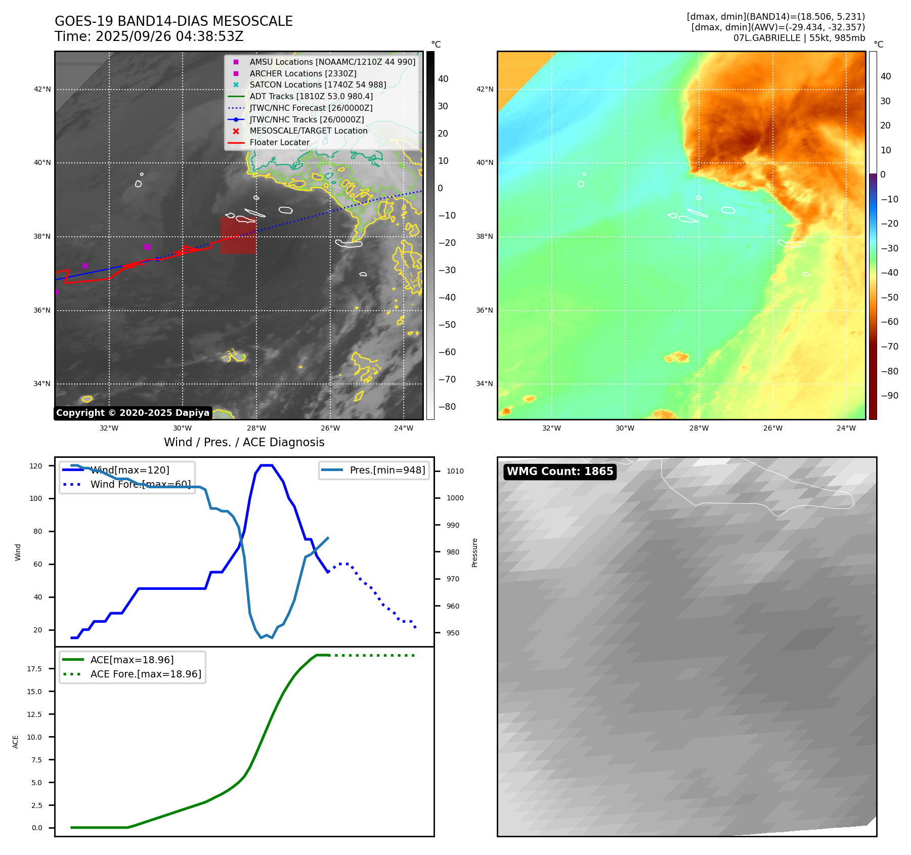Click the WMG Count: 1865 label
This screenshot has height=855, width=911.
pos(560,472)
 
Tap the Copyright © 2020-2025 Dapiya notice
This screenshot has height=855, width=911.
pos(133,413)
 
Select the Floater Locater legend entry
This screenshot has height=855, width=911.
pos(279,143)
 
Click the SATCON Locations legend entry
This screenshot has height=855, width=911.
pos(318,85)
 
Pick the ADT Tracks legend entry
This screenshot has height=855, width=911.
pos(311,97)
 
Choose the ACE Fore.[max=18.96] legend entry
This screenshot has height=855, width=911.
pos(146,674)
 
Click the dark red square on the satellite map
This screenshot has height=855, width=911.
pos(238,235)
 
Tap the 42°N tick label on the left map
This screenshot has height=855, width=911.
pos(42,90)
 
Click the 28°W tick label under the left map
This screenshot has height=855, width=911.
pos(256,428)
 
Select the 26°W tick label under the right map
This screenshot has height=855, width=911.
pos(772,428)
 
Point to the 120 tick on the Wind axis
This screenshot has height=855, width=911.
pos(36,466)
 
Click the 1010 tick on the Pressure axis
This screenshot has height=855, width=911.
pos(455,471)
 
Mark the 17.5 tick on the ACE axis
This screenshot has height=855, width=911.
pos(34,669)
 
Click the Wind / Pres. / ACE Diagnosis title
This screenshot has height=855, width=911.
pos(244,442)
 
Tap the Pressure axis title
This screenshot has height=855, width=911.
pos(474,552)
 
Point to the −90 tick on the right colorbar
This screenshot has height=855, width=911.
pos(889,396)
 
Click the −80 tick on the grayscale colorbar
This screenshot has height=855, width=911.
pos(447,407)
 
